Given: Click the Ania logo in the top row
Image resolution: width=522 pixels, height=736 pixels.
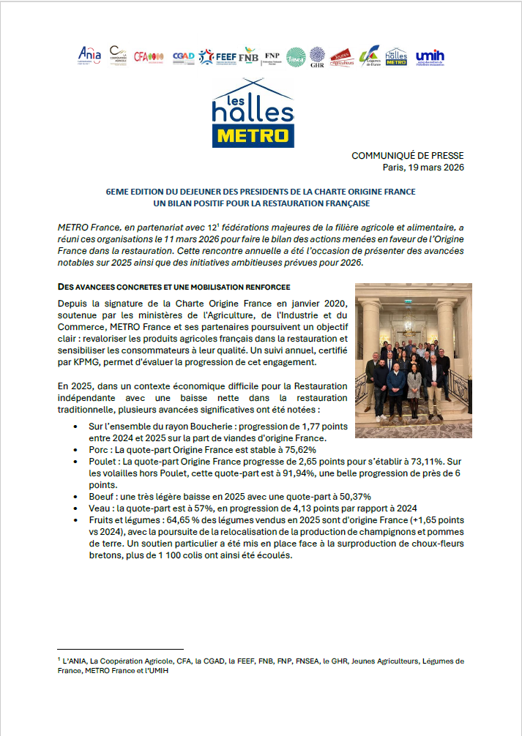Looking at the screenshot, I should pyautogui.click(x=89, y=54).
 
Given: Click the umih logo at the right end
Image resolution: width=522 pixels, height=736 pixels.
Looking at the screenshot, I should pyautogui.click(x=430, y=56).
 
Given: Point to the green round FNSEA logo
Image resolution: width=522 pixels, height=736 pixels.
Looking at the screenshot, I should pyautogui.click(x=296, y=56).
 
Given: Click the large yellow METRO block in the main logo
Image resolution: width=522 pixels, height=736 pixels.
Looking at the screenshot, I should pyautogui.click(x=253, y=135).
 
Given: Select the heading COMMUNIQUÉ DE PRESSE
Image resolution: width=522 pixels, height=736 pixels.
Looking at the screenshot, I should pyautogui.click(x=407, y=156).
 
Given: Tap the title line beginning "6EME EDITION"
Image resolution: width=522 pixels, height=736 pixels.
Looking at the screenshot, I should pyautogui.click(x=261, y=191).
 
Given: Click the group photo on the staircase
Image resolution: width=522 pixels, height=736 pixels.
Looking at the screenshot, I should pyautogui.click(x=413, y=361).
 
